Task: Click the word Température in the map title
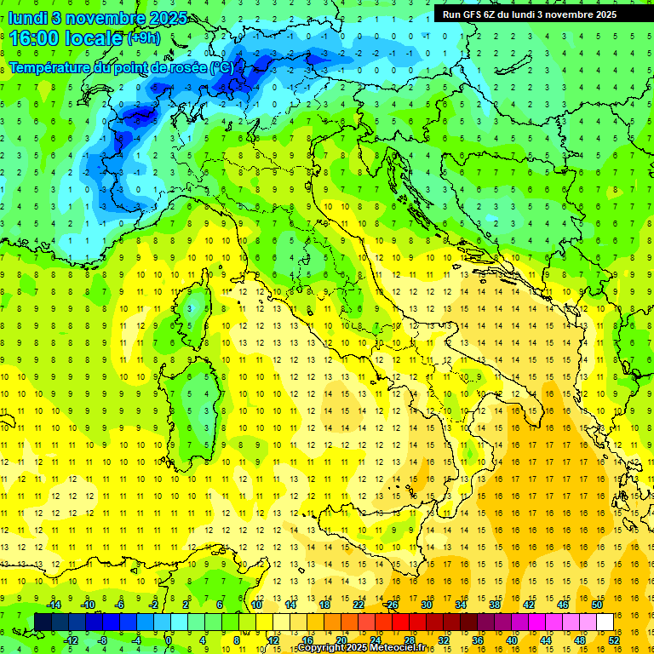click(51, 67)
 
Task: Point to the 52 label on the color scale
click(614, 640)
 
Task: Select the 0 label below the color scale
click(169, 640)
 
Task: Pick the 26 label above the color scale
click(392, 605)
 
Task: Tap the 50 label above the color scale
click(596, 605)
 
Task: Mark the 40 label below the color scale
click(512, 640)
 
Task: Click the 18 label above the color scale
click(324, 605)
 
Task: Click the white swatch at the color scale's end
click(605, 622)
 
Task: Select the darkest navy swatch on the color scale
click(43, 622)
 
